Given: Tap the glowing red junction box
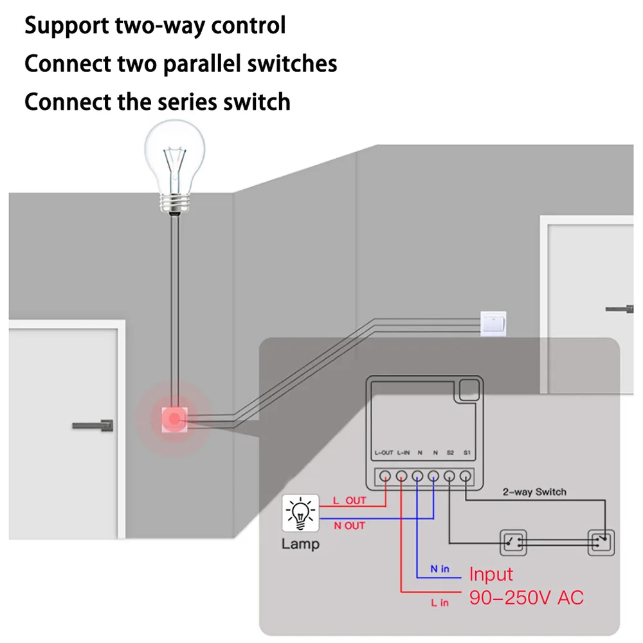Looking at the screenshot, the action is pyautogui.click(x=174, y=419).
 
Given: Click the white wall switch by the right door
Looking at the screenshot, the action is pyautogui.click(x=493, y=324).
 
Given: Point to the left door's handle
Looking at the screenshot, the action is pyautogui.click(x=93, y=426).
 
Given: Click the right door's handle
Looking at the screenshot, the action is pyautogui.click(x=620, y=309).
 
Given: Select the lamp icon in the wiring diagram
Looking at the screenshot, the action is pyautogui.click(x=300, y=513).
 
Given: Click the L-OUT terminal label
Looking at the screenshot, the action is pyautogui.click(x=384, y=453).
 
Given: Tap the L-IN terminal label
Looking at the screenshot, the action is pyautogui.click(x=404, y=453).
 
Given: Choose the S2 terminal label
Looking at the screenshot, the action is pyautogui.click(x=450, y=453).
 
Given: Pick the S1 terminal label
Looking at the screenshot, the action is pyautogui.click(x=467, y=453).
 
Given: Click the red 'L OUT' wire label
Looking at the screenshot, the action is pyautogui.click(x=349, y=501).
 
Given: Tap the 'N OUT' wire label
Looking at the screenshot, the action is pyautogui.click(x=349, y=526).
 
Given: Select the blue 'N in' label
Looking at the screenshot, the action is pyautogui.click(x=440, y=569).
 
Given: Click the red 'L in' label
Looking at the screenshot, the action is pyautogui.click(x=440, y=602).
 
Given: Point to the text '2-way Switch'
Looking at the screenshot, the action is pyautogui.click(x=534, y=492).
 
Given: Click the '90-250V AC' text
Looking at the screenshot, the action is pyautogui.click(x=526, y=597).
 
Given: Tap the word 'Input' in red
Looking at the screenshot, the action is pyautogui.click(x=491, y=574).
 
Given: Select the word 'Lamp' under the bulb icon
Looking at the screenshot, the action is pyautogui.click(x=300, y=544).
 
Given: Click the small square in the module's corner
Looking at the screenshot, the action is pyautogui.click(x=469, y=389).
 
